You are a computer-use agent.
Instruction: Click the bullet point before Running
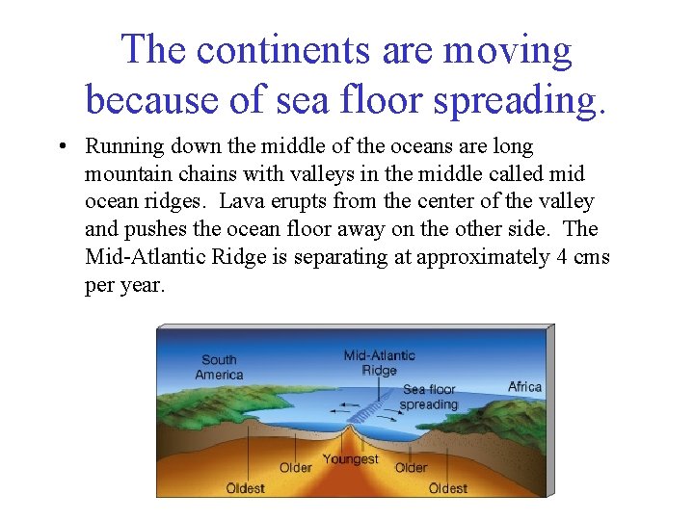pyautogui.click(x=61, y=147)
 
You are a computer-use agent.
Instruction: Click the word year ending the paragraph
pyautogui.click(x=142, y=285)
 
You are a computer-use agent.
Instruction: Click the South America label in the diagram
pyautogui.click(x=219, y=367)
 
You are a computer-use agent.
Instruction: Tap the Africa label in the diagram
pyautogui.click(x=524, y=387)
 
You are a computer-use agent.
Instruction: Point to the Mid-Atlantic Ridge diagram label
pyautogui.click(x=379, y=363)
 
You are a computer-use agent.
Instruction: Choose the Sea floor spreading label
pyautogui.click(x=428, y=397)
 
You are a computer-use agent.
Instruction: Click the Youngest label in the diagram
pyautogui.click(x=350, y=459)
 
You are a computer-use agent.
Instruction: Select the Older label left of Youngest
pyautogui.click(x=295, y=468)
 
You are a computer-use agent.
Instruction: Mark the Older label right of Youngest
pyautogui.click(x=411, y=468)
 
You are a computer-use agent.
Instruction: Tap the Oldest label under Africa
pyautogui.click(x=448, y=488)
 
